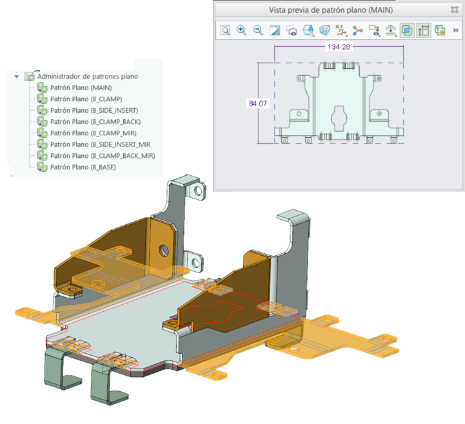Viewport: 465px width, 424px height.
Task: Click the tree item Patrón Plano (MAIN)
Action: pyautogui.click(x=81, y=88)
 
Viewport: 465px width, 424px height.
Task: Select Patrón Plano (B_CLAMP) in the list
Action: pyautogui.click(x=86, y=99)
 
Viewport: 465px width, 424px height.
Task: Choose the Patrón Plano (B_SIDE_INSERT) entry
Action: pyautogui.click(x=94, y=110)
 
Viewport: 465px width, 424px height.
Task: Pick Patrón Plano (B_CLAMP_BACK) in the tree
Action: pyautogui.click(x=95, y=122)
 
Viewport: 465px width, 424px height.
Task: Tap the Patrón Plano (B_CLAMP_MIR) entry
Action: pyautogui.click(x=93, y=133)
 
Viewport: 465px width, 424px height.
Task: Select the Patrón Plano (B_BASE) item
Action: pyautogui.click(x=83, y=167)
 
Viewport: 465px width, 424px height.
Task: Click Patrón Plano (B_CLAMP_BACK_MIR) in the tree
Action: pyautogui.click(x=103, y=156)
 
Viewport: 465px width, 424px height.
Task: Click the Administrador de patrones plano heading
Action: pyautogui.click(x=88, y=77)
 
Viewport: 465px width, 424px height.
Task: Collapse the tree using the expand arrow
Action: pyautogui.click(x=17, y=77)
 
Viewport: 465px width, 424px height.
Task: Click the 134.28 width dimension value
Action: pyautogui.click(x=339, y=47)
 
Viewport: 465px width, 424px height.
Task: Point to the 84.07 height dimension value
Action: pyautogui.click(x=258, y=103)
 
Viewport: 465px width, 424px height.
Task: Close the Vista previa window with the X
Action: pyautogui.click(x=455, y=10)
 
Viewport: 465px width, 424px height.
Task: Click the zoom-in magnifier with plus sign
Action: pyautogui.click(x=242, y=30)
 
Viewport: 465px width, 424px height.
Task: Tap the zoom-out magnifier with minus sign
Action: pyautogui.click(x=258, y=30)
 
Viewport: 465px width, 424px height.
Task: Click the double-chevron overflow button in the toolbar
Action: pyautogui.click(x=456, y=30)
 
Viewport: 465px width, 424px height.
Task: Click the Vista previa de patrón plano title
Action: pyautogui.click(x=331, y=10)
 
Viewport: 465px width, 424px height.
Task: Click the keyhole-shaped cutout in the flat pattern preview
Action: pyautogui.click(x=339, y=119)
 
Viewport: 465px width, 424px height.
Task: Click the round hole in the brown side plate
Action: pyautogui.click(x=164, y=250)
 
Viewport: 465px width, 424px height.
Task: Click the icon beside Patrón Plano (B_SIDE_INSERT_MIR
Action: pyautogui.click(x=42, y=144)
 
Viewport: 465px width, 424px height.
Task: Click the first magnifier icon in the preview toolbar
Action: pyautogui.click(x=225, y=30)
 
